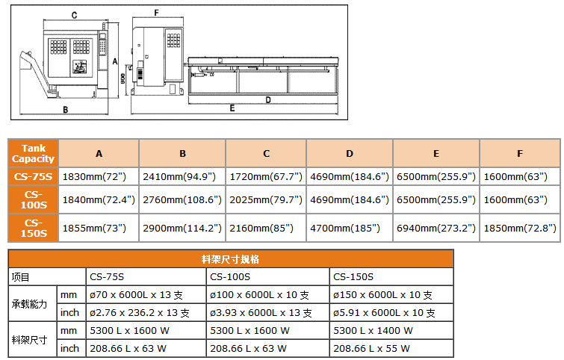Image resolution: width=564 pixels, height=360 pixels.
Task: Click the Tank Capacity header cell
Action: [x=33, y=153]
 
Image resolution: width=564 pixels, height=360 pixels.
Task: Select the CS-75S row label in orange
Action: [x=33, y=177]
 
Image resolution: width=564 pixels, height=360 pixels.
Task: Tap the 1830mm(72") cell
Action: [x=99, y=177]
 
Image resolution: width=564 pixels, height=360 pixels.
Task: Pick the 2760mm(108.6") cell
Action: [x=182, y=199]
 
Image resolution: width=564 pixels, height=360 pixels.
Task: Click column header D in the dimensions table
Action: [x=350, y=153]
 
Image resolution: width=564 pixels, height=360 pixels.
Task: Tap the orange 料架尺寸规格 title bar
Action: [x=231, y=259]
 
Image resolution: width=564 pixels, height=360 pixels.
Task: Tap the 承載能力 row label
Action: [x=29, y=304]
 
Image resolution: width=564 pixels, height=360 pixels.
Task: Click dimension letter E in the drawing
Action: [x=232, y=108]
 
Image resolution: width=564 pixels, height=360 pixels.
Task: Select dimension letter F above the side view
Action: [x=156, y=13]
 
